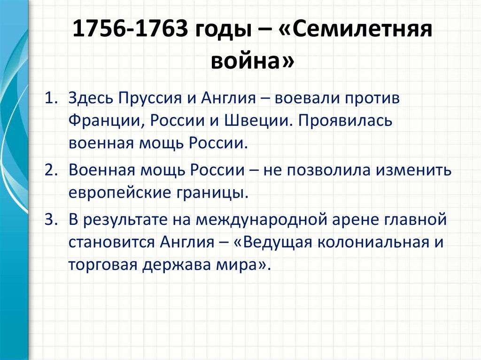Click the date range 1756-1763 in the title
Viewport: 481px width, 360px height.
click(x=131, y=29)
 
